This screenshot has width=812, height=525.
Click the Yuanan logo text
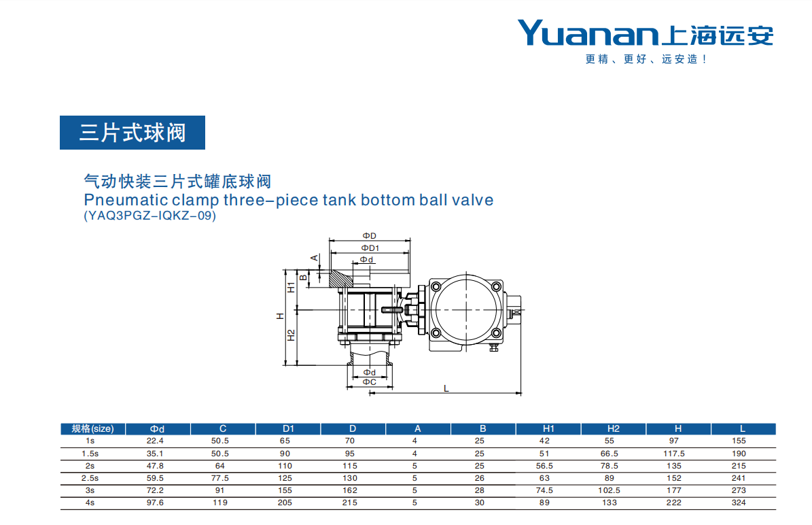(x=588, y=33)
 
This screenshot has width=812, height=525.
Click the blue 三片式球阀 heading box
(x=133, y=133)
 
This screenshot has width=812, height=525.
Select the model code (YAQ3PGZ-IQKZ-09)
(x=149, y=216)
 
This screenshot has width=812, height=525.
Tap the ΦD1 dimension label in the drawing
(x=370, y=248)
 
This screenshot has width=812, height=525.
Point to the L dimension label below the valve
(x=446, y=388)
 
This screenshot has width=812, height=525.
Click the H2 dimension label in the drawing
(x=291, y=336)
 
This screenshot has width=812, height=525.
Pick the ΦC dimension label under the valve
(x=369, y=382)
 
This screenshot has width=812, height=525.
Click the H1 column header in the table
(x=548, y=428)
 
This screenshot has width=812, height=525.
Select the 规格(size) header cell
(x=92, y=428)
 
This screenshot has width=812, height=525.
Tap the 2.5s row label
(x=90, y=478)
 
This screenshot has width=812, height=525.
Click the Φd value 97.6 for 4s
(x=155, y=502)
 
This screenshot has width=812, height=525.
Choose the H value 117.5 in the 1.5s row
(x=674, y=454)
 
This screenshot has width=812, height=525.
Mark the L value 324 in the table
(x=739, y=502)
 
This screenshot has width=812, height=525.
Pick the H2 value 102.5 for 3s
(x=609, y=490)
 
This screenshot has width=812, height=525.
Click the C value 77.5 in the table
(x=220, y=478)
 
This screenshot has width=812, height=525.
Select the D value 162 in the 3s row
(x=349, y=490)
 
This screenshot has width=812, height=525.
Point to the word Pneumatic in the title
(x=126, y=200)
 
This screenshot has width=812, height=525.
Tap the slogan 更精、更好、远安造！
(x=646, y=59)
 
